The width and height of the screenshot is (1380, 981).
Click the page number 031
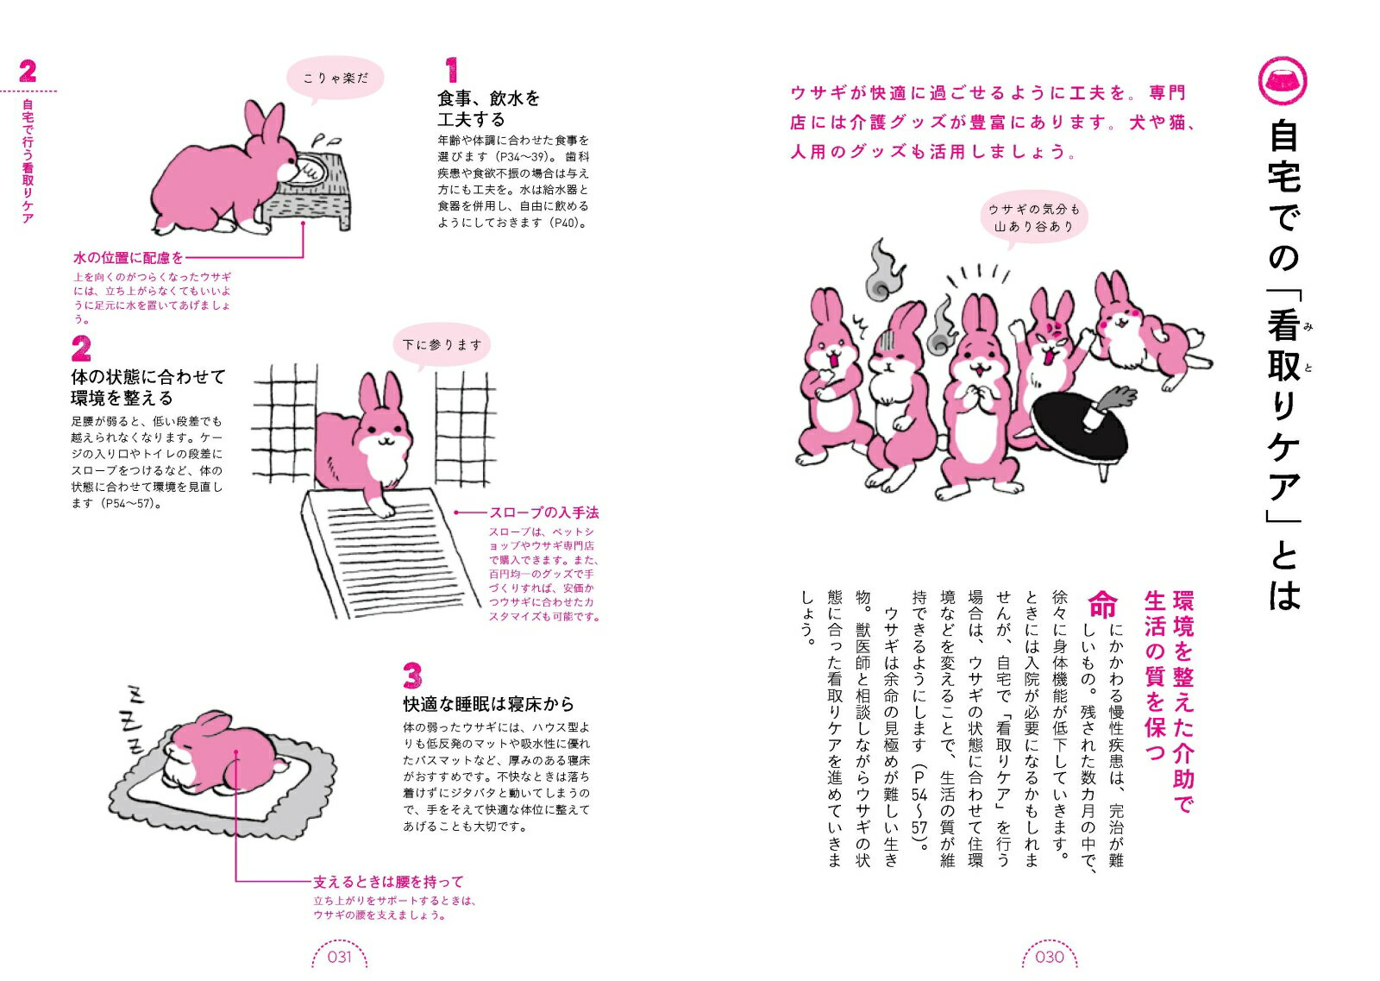[340, 956]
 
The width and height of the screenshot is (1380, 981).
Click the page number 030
[1049, 956]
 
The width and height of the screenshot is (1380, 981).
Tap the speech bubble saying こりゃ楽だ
[336, 79]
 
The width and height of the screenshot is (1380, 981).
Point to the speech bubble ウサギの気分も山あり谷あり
[1034, 218]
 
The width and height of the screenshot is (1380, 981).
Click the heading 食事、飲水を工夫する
[488, 109]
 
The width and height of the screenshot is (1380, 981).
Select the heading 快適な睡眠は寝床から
[488, 704]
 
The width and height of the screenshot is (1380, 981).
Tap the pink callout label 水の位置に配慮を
[129, 258]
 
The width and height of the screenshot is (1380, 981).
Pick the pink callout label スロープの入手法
[544, 513]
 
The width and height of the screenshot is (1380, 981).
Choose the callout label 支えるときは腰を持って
[388, 882]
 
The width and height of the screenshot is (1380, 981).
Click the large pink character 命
[1102, 604]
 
